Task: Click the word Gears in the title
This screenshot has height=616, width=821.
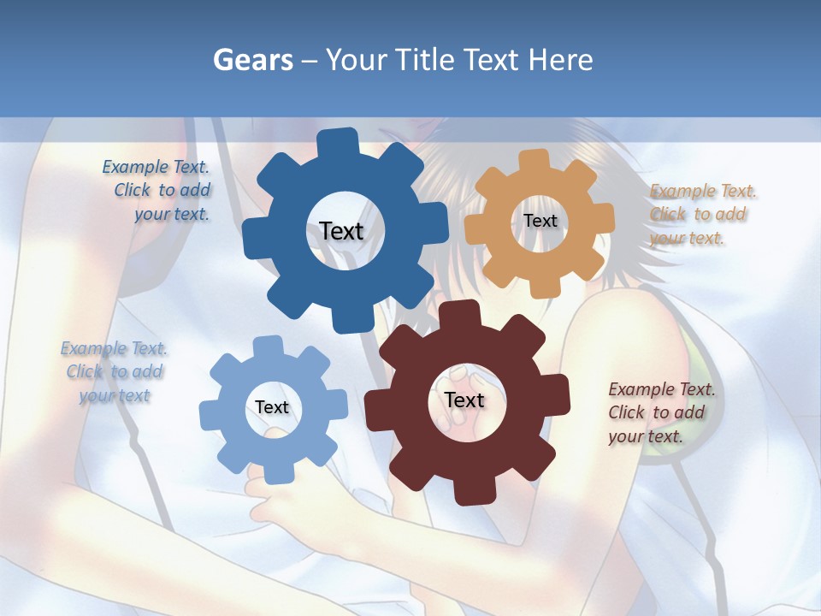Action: [x=252, y=60]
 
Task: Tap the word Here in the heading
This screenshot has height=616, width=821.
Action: [x=561, y=60]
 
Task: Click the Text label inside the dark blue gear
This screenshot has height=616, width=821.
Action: [x=341, y=231]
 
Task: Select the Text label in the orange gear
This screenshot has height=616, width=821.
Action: [x=540, y=221]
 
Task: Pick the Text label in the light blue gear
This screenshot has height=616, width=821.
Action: [x=271, y=407]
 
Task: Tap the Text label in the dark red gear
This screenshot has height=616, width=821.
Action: [x=464, y=400]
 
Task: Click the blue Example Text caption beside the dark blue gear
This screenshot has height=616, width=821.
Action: [x=157, y=191]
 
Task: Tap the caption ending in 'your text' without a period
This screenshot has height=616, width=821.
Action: [x=115, y=371]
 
